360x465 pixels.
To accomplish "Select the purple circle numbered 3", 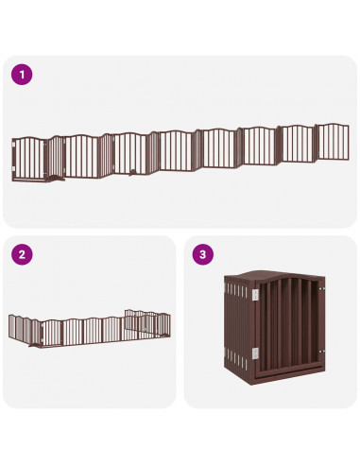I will coord(201,253).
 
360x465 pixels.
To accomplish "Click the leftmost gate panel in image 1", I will coord(28,157).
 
